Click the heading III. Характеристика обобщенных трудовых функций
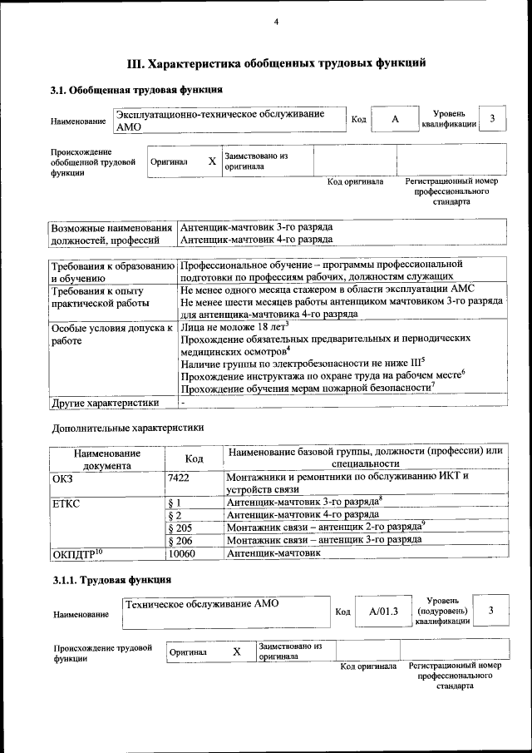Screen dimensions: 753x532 click(276, 62)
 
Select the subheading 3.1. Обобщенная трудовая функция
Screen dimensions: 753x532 click(135, 90)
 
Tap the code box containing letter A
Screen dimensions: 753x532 click(395, 120)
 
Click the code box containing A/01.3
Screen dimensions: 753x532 click(384, 612)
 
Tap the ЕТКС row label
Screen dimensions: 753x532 click(66, 503)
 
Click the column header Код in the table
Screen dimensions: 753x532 click(194, 458)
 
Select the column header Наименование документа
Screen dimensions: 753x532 click(106, 459)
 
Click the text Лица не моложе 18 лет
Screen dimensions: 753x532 click(233, 327)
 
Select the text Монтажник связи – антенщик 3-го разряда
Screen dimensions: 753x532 click(323, 540)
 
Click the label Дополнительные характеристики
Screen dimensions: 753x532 click(127, 428)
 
